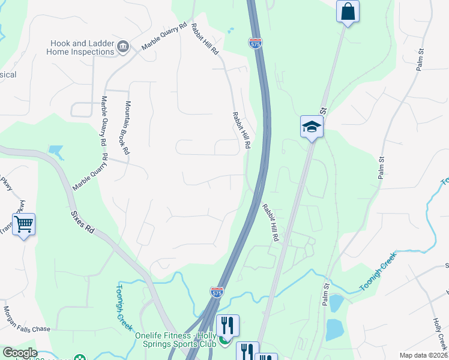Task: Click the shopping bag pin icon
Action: [348, 12]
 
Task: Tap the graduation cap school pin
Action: [312, 126]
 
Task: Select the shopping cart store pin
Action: [23, 224]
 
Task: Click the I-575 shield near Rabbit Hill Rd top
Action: [255, 43]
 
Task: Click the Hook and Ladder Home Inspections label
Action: [81, 47]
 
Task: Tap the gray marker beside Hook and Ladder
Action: [124, 47]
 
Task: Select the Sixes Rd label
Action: [82, 221]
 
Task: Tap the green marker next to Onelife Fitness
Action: [224, 341]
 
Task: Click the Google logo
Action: [20, 353]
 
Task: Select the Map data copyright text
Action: [423, 355]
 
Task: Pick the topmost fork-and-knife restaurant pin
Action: [228, 325]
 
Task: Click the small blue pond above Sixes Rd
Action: [56, 151]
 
